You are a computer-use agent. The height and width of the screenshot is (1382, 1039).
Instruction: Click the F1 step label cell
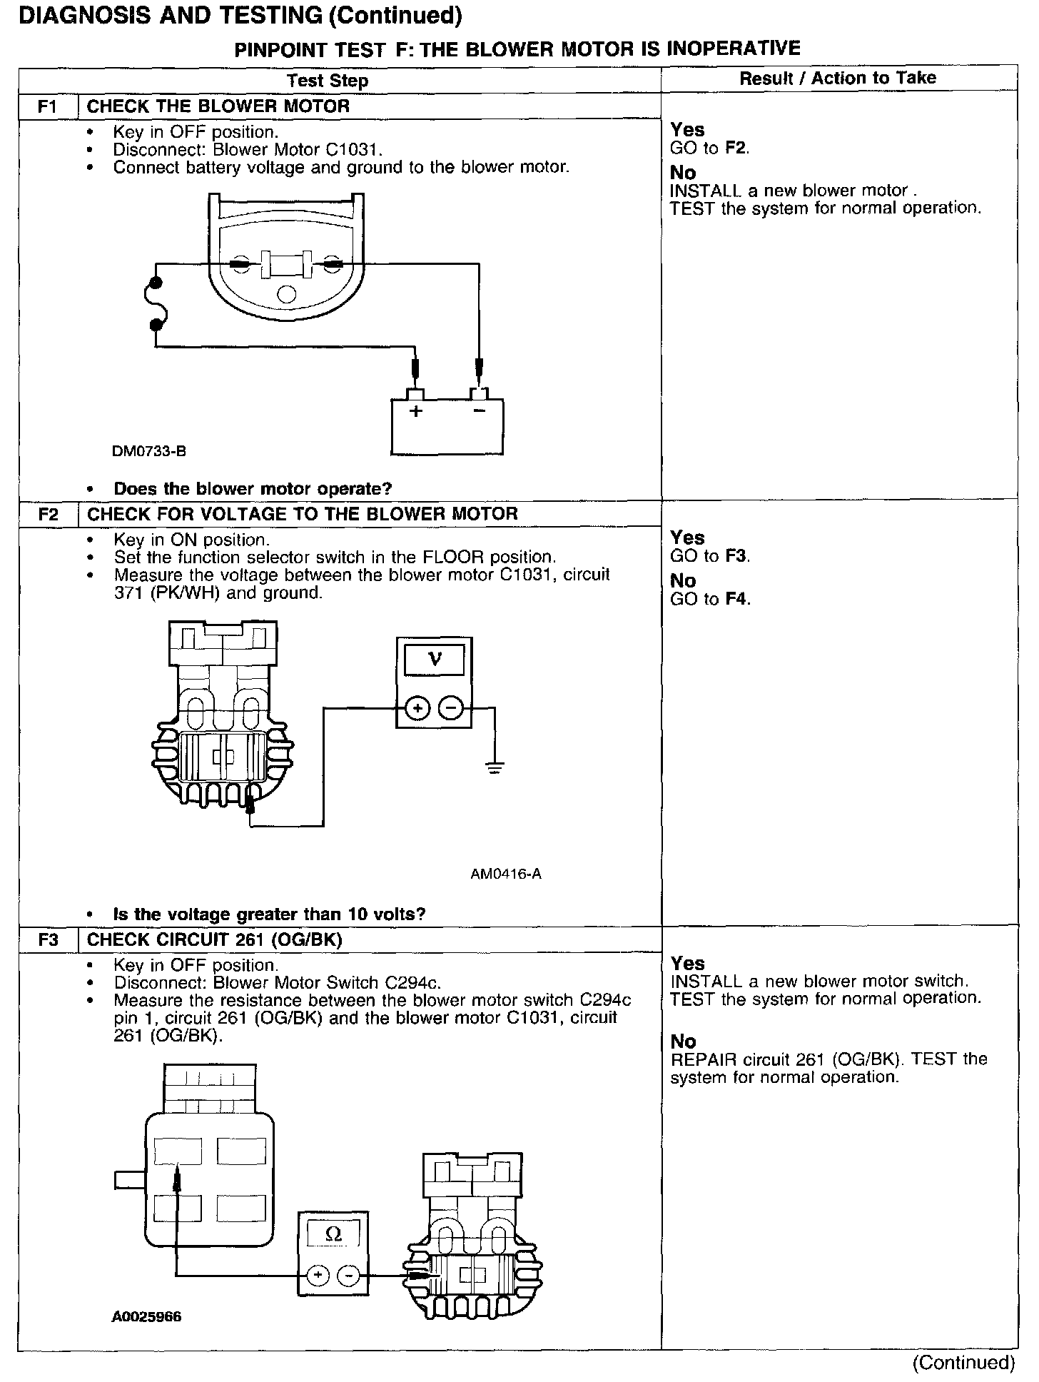click(47, 106)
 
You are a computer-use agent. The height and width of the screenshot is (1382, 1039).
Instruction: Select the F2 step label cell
click(47, 514)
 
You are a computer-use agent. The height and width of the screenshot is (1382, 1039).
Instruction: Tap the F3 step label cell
click(47, 939)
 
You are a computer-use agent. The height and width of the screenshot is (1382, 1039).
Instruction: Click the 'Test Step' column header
click(328, 81)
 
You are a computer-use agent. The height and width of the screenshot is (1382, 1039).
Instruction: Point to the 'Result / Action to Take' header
click(838, 78)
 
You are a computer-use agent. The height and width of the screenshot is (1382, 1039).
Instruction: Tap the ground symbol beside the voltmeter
click(493, 768)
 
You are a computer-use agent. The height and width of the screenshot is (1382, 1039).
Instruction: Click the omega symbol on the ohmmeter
click(333, 1234)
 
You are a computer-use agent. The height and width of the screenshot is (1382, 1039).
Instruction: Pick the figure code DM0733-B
click(149, 451)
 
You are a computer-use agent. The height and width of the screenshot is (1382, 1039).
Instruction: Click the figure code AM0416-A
click(506, 874)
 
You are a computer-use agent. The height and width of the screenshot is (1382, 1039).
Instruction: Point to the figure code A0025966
click(146, 1316)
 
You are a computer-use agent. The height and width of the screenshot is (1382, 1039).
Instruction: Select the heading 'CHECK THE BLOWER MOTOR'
click(218, 106)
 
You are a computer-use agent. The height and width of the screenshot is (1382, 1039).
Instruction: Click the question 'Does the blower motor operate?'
click(253, 489)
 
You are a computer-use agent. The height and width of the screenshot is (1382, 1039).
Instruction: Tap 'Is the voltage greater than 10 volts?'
click(269, 914)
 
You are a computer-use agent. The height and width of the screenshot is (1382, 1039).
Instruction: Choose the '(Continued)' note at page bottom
click(963, 1362)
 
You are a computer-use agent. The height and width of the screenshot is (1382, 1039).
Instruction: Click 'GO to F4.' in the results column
click(710, 599)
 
